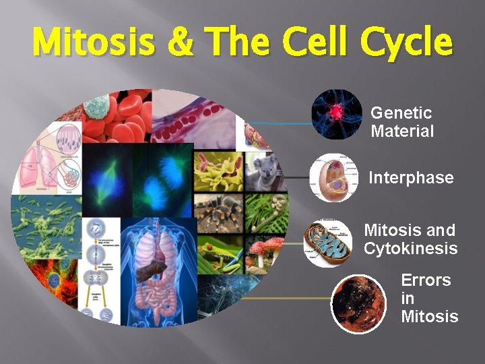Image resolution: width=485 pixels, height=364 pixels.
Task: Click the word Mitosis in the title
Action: (x=94, y=42)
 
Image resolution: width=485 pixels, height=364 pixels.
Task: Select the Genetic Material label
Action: (x=402, y=122)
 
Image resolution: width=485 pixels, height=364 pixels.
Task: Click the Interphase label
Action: (x=411, y=178)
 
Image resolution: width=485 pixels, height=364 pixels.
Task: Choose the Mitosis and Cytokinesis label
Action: (x=410, y=239)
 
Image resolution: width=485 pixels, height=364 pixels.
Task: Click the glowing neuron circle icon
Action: (x=337, y=114)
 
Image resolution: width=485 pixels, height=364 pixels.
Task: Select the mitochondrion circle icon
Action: (x=327, y=243)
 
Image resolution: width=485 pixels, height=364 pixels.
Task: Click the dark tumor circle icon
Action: (x=359, y=304)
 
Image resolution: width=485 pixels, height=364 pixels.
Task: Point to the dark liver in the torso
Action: (x=151, y=270)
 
